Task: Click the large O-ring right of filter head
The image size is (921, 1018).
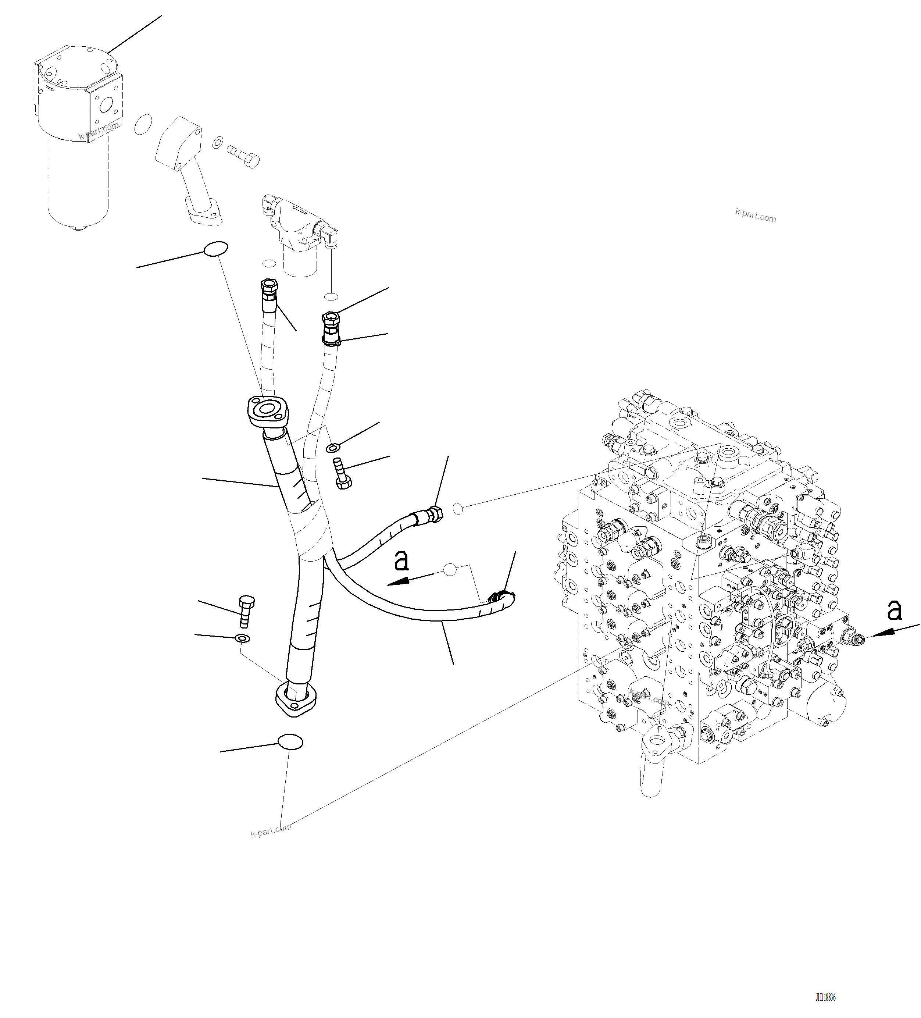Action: point(143,124)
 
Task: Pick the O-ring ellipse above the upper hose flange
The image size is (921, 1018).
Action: point(215,249)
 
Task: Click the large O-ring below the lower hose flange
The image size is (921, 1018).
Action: point(290,742)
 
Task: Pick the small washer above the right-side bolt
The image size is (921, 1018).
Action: point(333,447)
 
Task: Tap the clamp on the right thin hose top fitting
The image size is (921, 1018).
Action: point(332,342)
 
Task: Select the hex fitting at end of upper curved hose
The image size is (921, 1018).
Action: point(434,515)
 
